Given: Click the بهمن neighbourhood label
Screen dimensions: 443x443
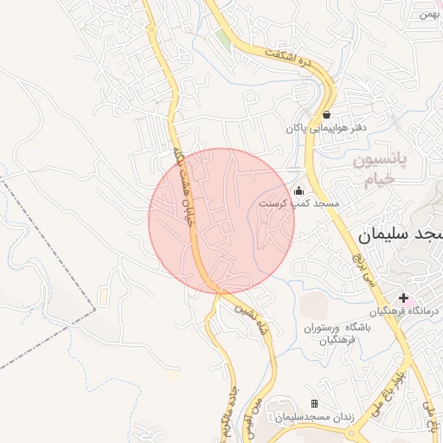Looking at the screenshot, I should (427, 13).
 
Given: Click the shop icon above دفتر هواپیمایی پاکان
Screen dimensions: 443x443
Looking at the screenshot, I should (326, 114).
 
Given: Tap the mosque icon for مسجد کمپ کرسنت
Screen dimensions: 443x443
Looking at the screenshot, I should (299, 190).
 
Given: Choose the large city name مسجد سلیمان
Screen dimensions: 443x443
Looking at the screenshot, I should (399, 234).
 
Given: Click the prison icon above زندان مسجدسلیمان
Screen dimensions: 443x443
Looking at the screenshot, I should (315, 404).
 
